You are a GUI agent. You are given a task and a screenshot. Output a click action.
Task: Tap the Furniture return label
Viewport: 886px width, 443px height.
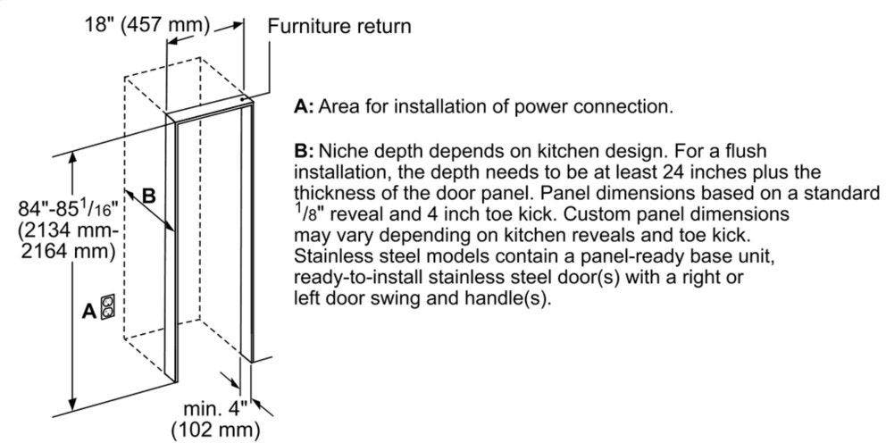pyautogui.click(x=339, y=26)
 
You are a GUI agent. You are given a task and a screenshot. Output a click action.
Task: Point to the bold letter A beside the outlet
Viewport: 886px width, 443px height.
pyautogui.click(x=89, y=310)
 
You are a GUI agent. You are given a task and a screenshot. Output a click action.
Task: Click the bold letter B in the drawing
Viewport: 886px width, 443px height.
pyautogui.click(x=148, y=196)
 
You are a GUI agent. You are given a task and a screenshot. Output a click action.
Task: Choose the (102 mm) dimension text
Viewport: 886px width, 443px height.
pyautogui.click(x=216, y=429)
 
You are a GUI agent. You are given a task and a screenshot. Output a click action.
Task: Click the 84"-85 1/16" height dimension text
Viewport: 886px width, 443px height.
pyautogui.click(x=68, y=210)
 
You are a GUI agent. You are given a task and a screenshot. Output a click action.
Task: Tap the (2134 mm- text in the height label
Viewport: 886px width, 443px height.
pyautogui.click(x=68, y=230)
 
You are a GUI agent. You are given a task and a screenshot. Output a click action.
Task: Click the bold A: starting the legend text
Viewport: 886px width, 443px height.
pyautogui.click(x=304, y=107)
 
